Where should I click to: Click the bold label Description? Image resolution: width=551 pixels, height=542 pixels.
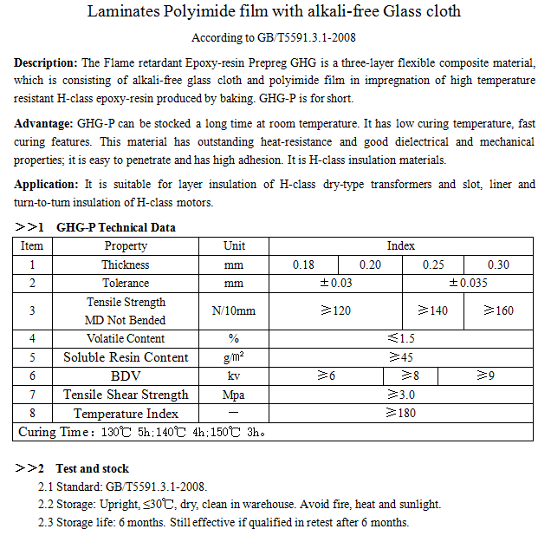coord(47,63)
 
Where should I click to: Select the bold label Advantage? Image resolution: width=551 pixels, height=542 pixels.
coord(44,124)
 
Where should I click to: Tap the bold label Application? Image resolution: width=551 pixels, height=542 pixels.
coord(47,185)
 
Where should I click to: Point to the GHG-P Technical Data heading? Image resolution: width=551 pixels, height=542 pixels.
coord(115,228)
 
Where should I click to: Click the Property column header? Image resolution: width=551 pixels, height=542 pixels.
coord(126,246)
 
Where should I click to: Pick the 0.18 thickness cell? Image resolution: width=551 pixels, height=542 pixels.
coord(303,264)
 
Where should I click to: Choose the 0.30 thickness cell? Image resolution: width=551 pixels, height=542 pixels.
coord(498,264)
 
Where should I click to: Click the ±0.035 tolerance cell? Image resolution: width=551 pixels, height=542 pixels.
coord(468,284)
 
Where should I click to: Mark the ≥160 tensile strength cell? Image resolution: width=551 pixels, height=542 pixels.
coord(498,311)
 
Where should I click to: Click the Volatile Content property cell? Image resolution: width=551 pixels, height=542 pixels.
coord(126,339)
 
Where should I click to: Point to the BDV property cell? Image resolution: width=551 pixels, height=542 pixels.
coord(126,375)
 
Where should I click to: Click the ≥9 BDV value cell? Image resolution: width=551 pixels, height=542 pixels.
coord(486,375)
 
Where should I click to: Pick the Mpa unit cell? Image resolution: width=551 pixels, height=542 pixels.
coord(234,395)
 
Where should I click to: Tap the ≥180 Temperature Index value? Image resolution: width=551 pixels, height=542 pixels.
coord(401,414)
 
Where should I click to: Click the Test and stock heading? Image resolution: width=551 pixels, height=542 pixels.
coord(92,469)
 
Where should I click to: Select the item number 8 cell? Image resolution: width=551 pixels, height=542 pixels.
coord(32,414)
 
